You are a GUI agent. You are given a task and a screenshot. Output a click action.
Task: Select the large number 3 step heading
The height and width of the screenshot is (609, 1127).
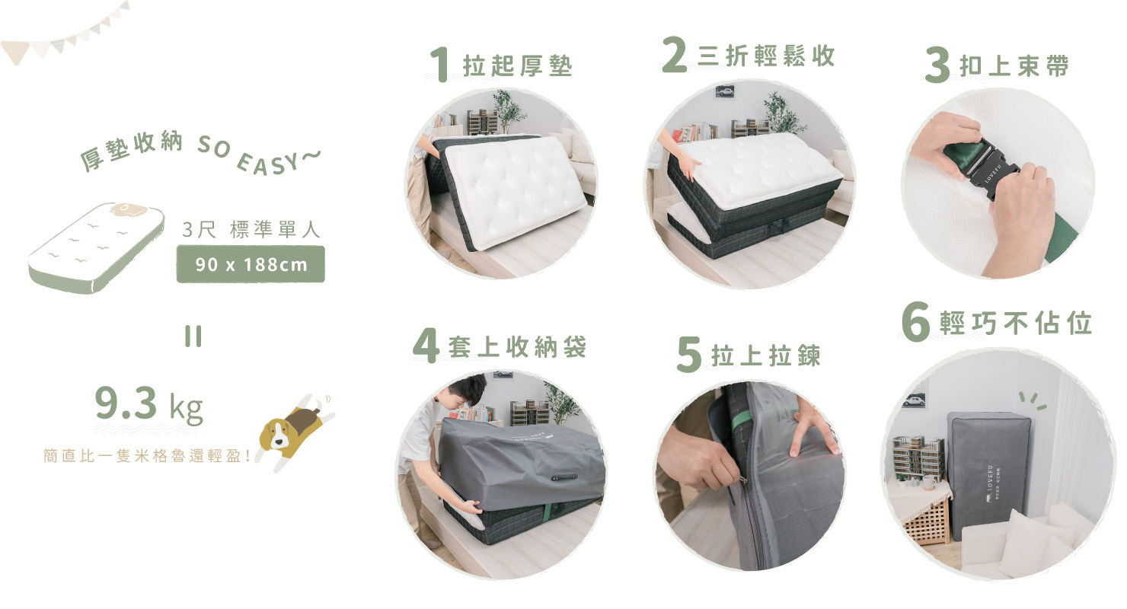pos(937,66)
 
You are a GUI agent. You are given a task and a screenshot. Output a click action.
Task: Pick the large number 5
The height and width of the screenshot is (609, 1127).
pos(688,356)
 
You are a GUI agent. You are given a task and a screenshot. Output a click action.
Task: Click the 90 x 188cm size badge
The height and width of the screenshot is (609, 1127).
pos(251,265)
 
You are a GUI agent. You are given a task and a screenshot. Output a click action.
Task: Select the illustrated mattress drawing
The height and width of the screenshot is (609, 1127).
pos(96,247)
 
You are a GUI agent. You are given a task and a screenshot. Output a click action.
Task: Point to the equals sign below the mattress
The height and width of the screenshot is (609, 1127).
pos(193,337)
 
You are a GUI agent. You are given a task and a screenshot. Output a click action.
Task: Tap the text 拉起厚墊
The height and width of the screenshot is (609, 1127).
pos(517,66)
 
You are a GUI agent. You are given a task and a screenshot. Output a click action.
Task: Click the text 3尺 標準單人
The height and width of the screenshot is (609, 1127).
pos(251,230)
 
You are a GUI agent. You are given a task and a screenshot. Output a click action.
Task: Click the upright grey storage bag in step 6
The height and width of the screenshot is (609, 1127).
pos(988,472)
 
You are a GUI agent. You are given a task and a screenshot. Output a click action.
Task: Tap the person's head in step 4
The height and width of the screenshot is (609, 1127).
pos(465,390)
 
